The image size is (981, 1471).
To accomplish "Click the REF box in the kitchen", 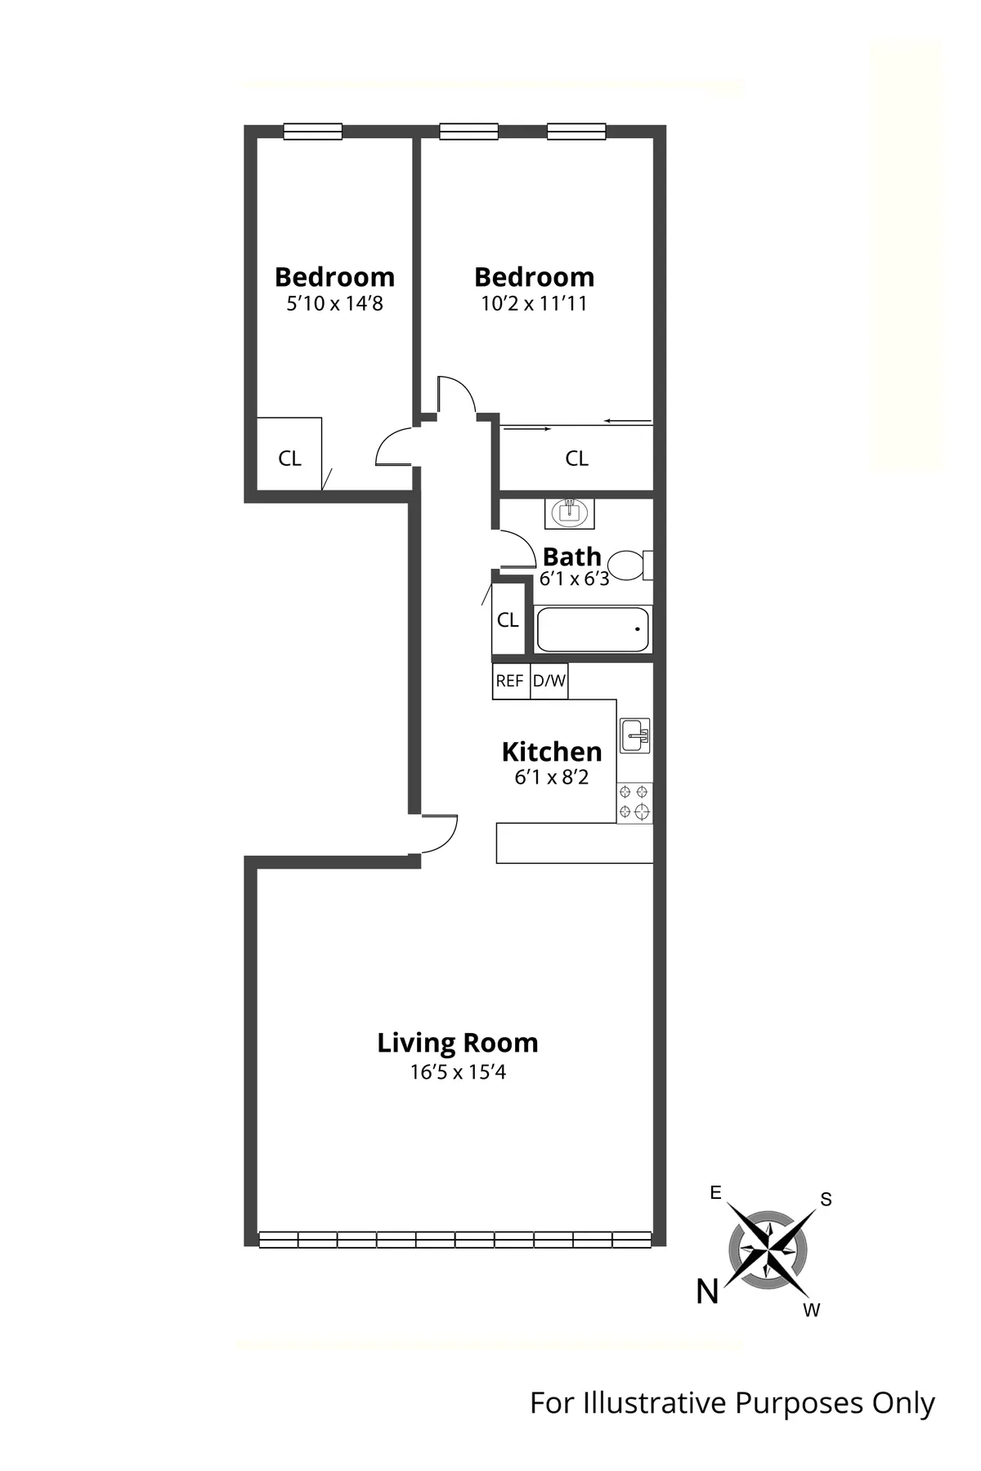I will tap(509, 681).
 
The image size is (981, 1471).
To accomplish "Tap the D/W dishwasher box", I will tap(549, 681).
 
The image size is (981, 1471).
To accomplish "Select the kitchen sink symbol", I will tap(634, 735).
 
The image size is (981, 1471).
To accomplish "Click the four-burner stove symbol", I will tap(634, 802).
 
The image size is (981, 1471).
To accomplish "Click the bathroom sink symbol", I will tap(570, 513).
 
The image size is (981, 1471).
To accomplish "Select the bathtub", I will tap(593, 629).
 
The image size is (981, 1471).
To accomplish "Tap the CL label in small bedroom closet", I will tap(289, 458).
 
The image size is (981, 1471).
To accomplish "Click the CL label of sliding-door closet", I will tap(576, 458).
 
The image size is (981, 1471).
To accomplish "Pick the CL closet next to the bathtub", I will tap(508, 620).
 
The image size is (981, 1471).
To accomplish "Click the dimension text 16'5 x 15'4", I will tap(458, 1071).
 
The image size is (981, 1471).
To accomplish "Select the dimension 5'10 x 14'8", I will tap(334, 304).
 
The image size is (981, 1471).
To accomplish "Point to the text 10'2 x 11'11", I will tap(534, 304).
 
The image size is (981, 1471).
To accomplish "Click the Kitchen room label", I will tap(552, 751).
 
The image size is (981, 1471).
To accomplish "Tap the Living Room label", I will tap(458, 1043).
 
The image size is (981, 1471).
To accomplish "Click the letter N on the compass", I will tap(707, 1292).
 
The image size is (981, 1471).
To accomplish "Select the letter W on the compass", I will tap(811, 1311).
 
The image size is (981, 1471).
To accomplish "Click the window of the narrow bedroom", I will tap(313, 132).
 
